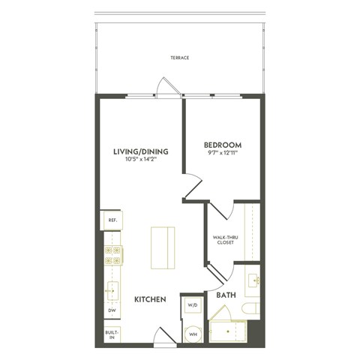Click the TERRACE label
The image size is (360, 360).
click(x=178, y=58)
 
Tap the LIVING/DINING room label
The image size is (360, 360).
click(x=140, y=151)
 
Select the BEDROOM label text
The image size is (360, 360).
click(x=223, y=144)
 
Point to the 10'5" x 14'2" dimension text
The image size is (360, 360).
click(x=140, y=159)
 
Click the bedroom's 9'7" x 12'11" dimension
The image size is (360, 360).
click(x=223, y=153)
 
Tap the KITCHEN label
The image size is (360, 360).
click(x=149, y=299)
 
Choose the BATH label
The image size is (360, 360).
click(x=226, y=295)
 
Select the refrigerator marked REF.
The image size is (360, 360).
click(x=112, y=220)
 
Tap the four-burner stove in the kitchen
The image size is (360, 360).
click(x=112, y=256)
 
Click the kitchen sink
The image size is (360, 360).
click(x=112, y=288)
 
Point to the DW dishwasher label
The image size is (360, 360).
click(x=112, y=310)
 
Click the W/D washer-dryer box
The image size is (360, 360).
click(x=192, y=305)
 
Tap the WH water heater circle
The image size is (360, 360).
click(x=192, y=333)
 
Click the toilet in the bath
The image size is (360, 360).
click(x=250, y=307)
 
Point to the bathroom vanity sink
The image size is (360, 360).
click(x=251, y=280)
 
